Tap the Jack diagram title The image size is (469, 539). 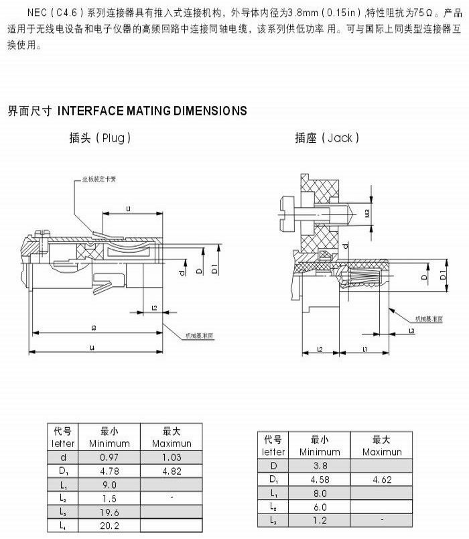pyautogui.click(x=327, y=138)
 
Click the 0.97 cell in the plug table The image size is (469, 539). pyautogui.click(x=109, y=457)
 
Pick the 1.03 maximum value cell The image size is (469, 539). pyautogui.click(x=171, y=457)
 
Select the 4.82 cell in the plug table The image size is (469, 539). pyautogui.click(x=171, y=471)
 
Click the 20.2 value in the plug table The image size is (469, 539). pyautogui.click(x=109, y=526)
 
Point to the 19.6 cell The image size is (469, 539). pyautogui.click(x=109, y=512)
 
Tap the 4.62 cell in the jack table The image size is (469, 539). pyautogui.click(x=381, y=479)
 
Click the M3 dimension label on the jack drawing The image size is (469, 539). pyautogui.click(x=366, y=214)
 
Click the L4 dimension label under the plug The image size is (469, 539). pyautogui.click(x=93, y=347)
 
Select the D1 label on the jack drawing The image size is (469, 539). pyautogui.click(x=444, y=276)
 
